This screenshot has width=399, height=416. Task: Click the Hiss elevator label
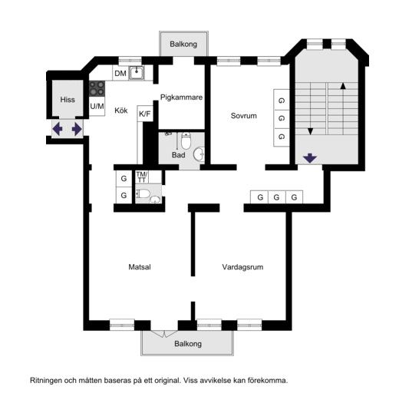[68, 100]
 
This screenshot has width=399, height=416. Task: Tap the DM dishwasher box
[120, 73]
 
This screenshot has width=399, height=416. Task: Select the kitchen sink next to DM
[137, 73]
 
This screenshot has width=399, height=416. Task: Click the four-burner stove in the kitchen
[97, 88]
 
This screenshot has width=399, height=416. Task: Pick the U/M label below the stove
[97, 107]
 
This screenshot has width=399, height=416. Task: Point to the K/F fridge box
[145, 114]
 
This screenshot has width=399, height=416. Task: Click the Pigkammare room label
[181, 97]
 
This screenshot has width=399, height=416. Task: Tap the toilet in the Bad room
[186, 141]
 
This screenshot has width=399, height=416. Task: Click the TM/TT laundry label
[142, 177]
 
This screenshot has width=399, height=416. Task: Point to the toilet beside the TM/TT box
[142, 193]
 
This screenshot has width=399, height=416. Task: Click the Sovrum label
[244, 116]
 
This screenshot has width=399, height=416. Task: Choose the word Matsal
[140, 267]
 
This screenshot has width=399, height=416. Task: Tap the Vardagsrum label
[242, 267]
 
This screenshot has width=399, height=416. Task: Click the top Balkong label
[183, 44]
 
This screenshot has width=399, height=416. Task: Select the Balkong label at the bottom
[188, 344]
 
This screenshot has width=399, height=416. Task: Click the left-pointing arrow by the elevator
[58, 129]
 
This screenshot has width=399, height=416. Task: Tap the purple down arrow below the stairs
[310, 158]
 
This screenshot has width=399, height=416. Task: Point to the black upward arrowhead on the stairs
[343, 86]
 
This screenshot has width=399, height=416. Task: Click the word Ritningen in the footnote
[47, 381]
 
